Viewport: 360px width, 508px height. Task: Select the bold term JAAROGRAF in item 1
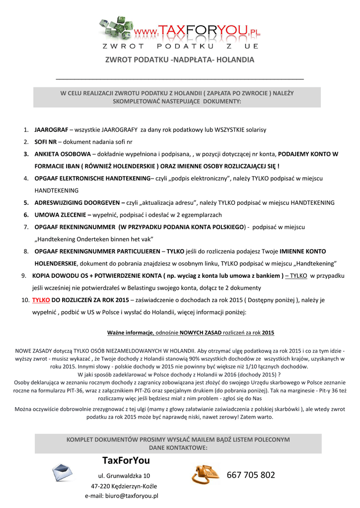tap(51, 130)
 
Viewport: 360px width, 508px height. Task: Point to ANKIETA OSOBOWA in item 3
tap(63, 154)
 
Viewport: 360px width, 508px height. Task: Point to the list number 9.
tap(23, 276)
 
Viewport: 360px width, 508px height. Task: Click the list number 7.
tap(26, 227)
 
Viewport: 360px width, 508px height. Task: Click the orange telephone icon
tap(206, 474)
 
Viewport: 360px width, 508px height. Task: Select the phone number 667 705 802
tap(251, 475)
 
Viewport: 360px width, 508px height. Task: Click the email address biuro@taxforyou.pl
tap(122, 496)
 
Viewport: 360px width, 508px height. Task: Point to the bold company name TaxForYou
tap(126, 461)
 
